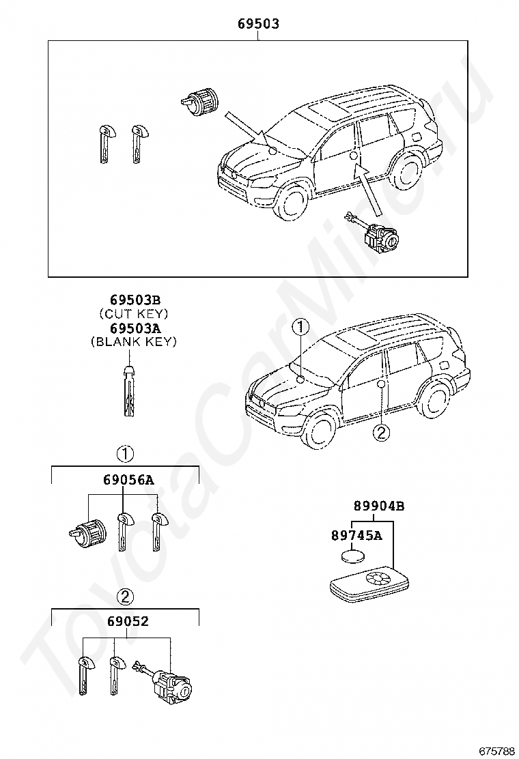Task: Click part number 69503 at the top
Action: pyautogui.click(x=258, y=24)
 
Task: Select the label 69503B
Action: pyautogui.click(x=135, y=300)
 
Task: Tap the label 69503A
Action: pyautogui.click(x=135, y=328)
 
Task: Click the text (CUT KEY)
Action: pyautogui.click(x=134, y=313)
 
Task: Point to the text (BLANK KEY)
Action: pyautogui.click(x=134, y=342)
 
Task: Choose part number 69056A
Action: pyautogui.click(x=128, y=480)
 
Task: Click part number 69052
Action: pyautogui.click(x=127, y=622)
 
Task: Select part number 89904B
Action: pyautogui.click(x=378, y=506)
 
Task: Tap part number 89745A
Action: pyautogui.click(x=356, y=536)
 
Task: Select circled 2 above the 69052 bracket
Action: pyautogui.click(x=124, y=597)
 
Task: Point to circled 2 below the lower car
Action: pyautogui.click(x=380, y=431)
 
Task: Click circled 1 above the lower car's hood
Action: pyautogui.click(x=298, y=328)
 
